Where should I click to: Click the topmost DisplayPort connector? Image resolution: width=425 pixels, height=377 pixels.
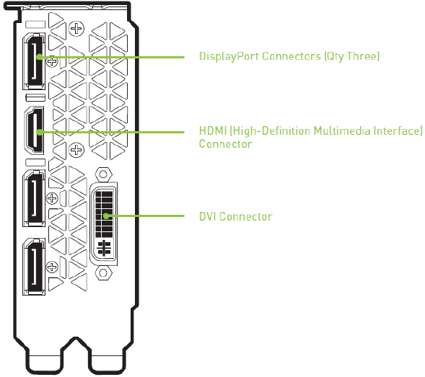(x=34, y=61)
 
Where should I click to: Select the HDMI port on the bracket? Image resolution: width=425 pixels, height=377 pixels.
(x=35, y=130)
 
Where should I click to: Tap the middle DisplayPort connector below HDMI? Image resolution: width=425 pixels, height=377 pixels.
(x=34, y=198)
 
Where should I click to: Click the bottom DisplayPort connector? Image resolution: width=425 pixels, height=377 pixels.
(x=34, y=267)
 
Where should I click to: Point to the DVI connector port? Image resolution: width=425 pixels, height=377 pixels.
(x=103, y=223)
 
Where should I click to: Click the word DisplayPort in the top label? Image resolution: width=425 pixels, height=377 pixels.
(x=229, y=57)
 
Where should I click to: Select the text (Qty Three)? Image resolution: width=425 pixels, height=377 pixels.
(x=352, y=57)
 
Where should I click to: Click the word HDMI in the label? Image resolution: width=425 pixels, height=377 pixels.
(x=213, y=130)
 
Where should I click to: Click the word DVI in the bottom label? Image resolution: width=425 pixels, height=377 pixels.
(x=208, y=217)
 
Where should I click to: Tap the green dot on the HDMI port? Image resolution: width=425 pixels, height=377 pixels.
(x=40, y=132)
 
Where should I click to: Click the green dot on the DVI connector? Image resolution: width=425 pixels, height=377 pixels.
(x=107, y=216)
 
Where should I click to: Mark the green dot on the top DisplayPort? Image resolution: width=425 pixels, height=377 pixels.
(x=40, y=57)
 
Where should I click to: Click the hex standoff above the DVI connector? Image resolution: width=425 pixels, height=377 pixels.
(x=103, y=174)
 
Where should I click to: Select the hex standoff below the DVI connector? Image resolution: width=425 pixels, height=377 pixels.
(x=103, y=272)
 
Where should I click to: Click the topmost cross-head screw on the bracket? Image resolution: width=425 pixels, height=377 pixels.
(x=76, y=28)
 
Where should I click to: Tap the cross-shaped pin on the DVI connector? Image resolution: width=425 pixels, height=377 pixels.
(x=104, y=248)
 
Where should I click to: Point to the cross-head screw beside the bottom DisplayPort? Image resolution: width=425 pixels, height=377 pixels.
(x=52, y=267)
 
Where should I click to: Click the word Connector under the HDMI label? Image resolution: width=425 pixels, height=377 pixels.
(x=226, y=144)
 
